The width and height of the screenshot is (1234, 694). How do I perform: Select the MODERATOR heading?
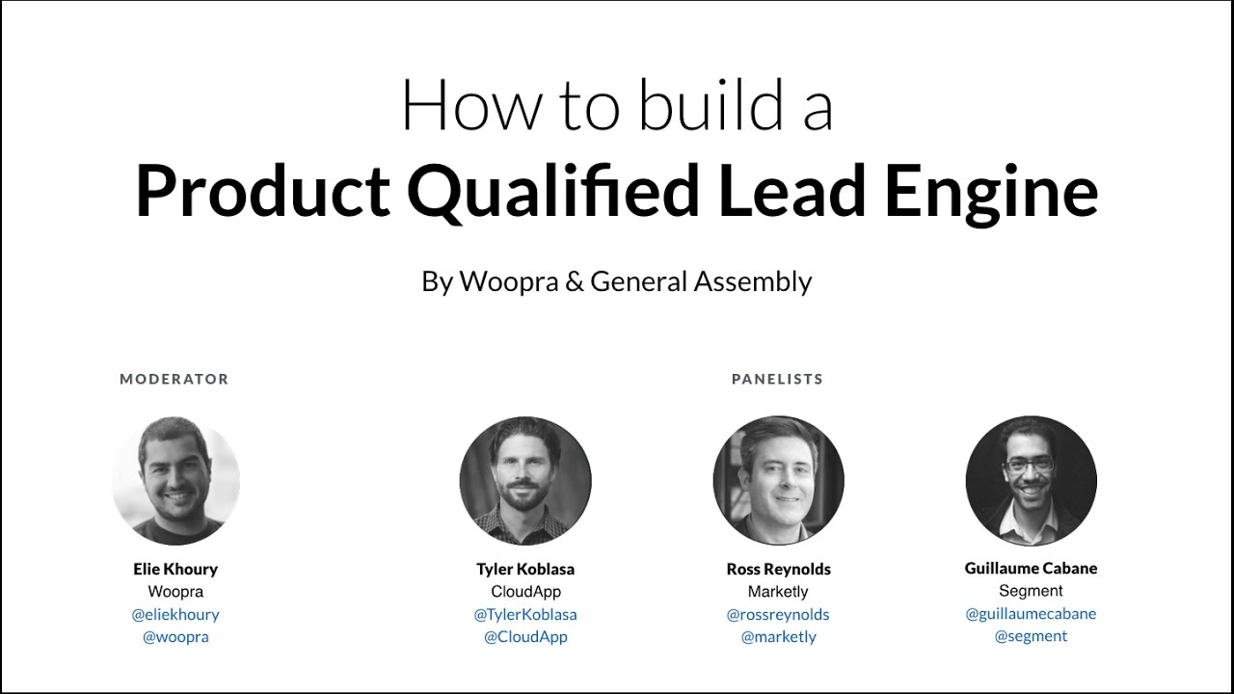[174, 379]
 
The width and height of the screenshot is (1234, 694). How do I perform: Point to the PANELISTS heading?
[777, 379]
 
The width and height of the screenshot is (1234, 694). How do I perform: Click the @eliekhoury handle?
[175, 614]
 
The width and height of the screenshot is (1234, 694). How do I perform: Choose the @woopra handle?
[175, 637]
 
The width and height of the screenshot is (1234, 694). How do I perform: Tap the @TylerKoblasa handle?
[525, 614]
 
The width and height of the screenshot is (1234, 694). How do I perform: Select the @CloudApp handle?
[525, 637]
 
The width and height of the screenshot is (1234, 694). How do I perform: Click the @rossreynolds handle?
[778, 614]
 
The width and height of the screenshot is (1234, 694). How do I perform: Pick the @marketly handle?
[778, 637]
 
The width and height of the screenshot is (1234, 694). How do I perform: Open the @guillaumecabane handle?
[1031, 613]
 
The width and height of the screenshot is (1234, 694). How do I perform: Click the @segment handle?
[1031, 636]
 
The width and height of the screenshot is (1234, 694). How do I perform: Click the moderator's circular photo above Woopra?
[175, 481]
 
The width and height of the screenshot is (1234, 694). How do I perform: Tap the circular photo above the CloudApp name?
[525, 481]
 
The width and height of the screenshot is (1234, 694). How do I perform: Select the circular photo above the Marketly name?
[778, 481]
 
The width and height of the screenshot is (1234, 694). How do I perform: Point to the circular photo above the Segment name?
[1031, 481]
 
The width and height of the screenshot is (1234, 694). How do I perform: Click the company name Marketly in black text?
[778, 592]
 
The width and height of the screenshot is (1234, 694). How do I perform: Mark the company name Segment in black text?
[1031, 591]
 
